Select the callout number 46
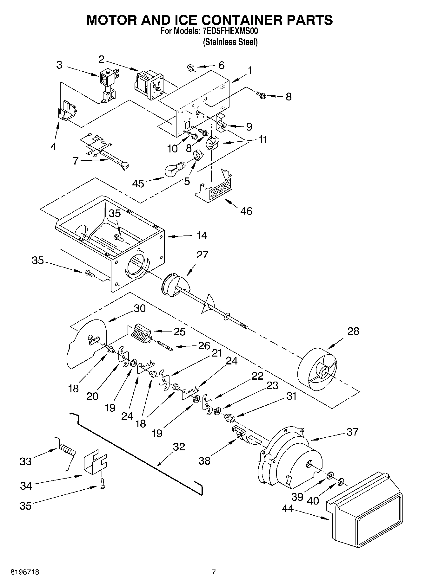coord(246,211)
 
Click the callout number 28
coord(353,331)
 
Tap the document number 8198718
coord(25,572)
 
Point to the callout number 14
coord(202,235)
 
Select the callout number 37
coord(352,432)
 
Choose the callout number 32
coord(179,447)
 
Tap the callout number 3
coord(59,65)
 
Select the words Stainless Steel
coord(230,42)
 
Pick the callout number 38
coord(204,460)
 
